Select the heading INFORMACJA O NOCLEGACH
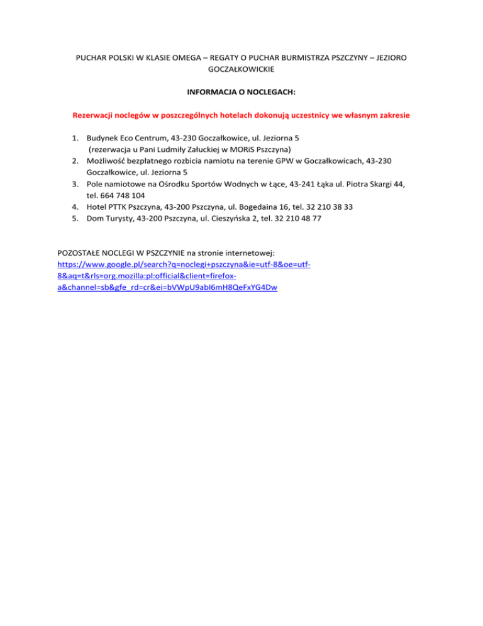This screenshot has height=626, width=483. [x=241, y=93]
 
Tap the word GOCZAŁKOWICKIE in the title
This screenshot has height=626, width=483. [x=241, y=69]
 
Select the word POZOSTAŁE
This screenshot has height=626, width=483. [x=83, y=254]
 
